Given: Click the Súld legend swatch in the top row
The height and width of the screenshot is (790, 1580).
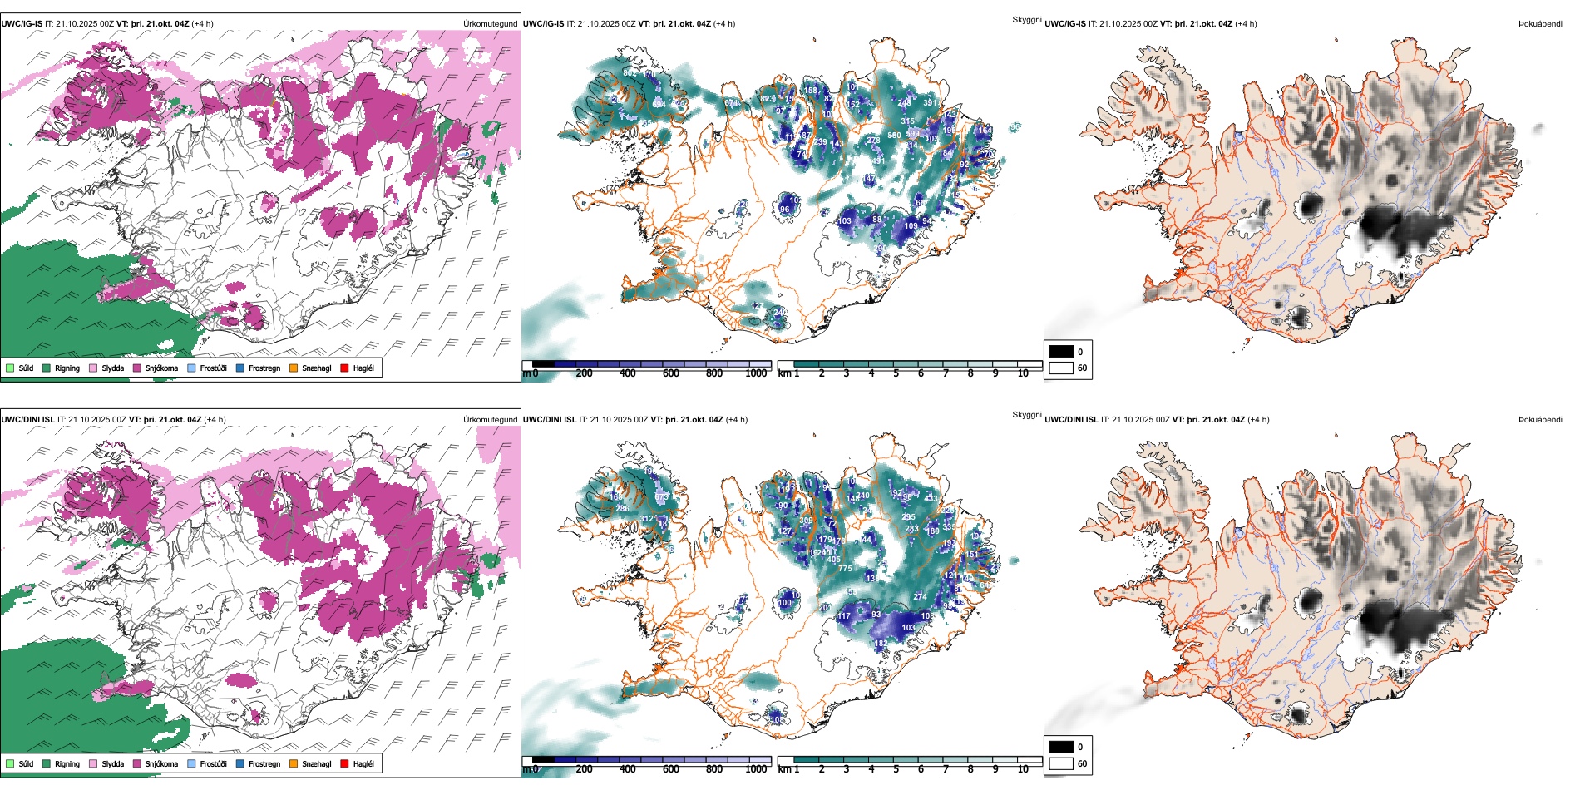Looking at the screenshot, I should point(10,368).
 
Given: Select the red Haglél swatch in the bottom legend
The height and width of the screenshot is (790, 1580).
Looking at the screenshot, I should point(344,763).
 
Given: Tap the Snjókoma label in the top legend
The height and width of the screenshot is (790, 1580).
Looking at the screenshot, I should point(161,368).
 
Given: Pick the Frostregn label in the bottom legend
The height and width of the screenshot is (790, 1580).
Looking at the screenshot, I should point(264,763).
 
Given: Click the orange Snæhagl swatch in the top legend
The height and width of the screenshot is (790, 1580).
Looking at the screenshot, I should point(294,368).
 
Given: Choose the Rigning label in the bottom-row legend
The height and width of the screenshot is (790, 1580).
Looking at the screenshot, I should point(67,763).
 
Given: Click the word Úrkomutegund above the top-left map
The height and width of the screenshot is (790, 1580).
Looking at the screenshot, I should point(490,23).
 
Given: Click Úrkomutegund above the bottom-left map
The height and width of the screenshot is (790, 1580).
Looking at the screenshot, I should point(490,419).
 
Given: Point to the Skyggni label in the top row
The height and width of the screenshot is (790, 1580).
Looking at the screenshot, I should point(1026,19).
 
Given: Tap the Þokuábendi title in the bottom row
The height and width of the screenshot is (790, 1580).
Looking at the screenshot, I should point(1540,419).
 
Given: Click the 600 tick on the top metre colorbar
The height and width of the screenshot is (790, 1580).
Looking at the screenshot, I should point(670,373).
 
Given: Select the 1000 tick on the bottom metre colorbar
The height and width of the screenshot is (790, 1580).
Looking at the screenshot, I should point(756,769).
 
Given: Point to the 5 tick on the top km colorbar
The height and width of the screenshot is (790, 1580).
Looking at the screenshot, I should point(896,373).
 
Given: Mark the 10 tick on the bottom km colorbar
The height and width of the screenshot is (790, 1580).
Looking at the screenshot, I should point(1023,769).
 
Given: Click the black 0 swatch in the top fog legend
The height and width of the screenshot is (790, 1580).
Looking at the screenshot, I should point(1061,352).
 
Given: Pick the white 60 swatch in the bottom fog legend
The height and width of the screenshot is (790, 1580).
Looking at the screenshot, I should point(1061,763).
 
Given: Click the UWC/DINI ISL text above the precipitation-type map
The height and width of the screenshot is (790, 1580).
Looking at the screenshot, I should point(27,419).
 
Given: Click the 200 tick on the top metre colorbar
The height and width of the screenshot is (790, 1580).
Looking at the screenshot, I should point(584,373).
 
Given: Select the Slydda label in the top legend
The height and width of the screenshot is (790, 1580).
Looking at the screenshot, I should point(113,368).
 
